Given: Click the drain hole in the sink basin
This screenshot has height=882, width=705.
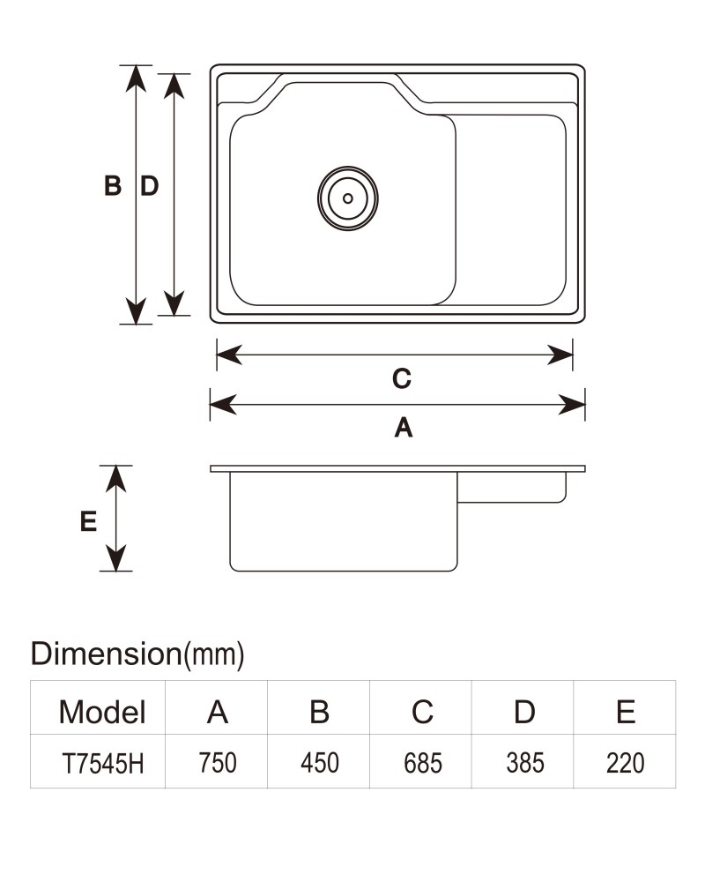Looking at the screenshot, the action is point(347,198).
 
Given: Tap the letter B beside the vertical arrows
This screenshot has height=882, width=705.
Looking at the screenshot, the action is point(113,185).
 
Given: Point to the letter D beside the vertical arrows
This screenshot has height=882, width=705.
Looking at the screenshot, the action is point(149,185).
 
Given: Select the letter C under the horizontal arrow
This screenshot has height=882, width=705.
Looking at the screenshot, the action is point(402,378).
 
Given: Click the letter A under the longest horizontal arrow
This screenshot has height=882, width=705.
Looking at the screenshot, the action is point(403,428).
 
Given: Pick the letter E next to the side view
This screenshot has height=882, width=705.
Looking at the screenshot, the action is point(88,521).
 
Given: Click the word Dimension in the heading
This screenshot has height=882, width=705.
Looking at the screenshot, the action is point(106,654).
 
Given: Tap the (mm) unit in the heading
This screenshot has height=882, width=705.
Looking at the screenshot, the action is point(214,654).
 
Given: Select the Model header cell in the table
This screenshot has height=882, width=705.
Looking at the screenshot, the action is point(101,712).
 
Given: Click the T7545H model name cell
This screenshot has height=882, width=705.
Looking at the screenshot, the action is point(102,764).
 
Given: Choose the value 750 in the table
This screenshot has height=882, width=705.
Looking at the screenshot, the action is point(218,763).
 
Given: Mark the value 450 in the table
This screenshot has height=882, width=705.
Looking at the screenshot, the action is point(319,763).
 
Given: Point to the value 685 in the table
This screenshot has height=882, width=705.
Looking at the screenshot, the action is point(423,763).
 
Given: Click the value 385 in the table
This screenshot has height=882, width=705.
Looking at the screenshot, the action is point(525,763).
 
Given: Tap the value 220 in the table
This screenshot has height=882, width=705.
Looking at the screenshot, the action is point(625,763).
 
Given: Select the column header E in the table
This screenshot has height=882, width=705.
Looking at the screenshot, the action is point(626,712).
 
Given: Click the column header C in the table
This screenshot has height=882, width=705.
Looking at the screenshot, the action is point(422,712).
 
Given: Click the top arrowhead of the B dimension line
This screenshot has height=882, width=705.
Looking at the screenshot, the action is point(136,78).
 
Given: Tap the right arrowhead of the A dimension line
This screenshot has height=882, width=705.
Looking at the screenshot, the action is point(572,405).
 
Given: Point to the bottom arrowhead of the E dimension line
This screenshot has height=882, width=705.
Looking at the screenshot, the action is point(115,558).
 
